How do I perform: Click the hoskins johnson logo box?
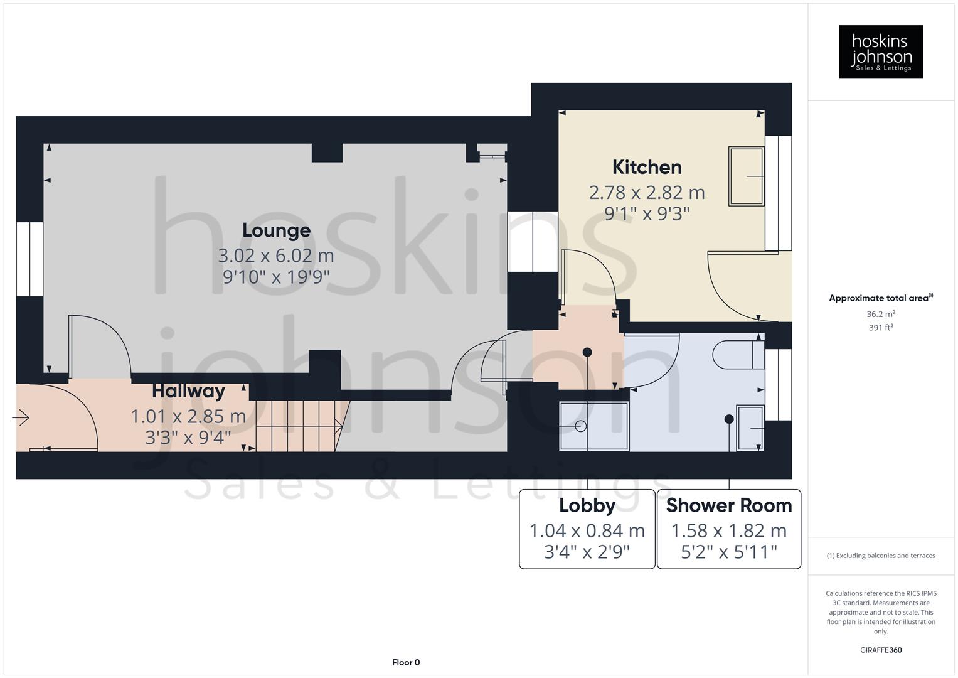(x=880, y=51)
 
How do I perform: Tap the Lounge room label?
(x=276, y=230)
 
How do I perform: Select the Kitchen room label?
(x=646, y=168)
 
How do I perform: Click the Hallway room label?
(x=188, y=391)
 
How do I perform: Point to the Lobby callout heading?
(x=587, y=505)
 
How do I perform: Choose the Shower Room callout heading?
(x=728, y=505)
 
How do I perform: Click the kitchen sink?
(x=746, y=176)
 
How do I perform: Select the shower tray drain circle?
(x=580, y=427)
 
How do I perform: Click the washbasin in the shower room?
(x=750, y=428)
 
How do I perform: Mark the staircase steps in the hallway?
(x=295, y=426)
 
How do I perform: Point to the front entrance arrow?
(x=21, y=417)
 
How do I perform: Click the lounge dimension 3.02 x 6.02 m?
(x=276, y=256)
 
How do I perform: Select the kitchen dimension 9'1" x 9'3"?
(x=646, y=214)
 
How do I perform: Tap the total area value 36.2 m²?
(x=880, y=314)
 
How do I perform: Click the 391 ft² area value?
(x=880, y=328)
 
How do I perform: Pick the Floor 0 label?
(x=405, y=662)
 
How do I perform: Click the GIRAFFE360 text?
(x=880, y=650)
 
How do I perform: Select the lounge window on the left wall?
(x=29, y=259)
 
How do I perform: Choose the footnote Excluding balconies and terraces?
(x=880, y=556)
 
